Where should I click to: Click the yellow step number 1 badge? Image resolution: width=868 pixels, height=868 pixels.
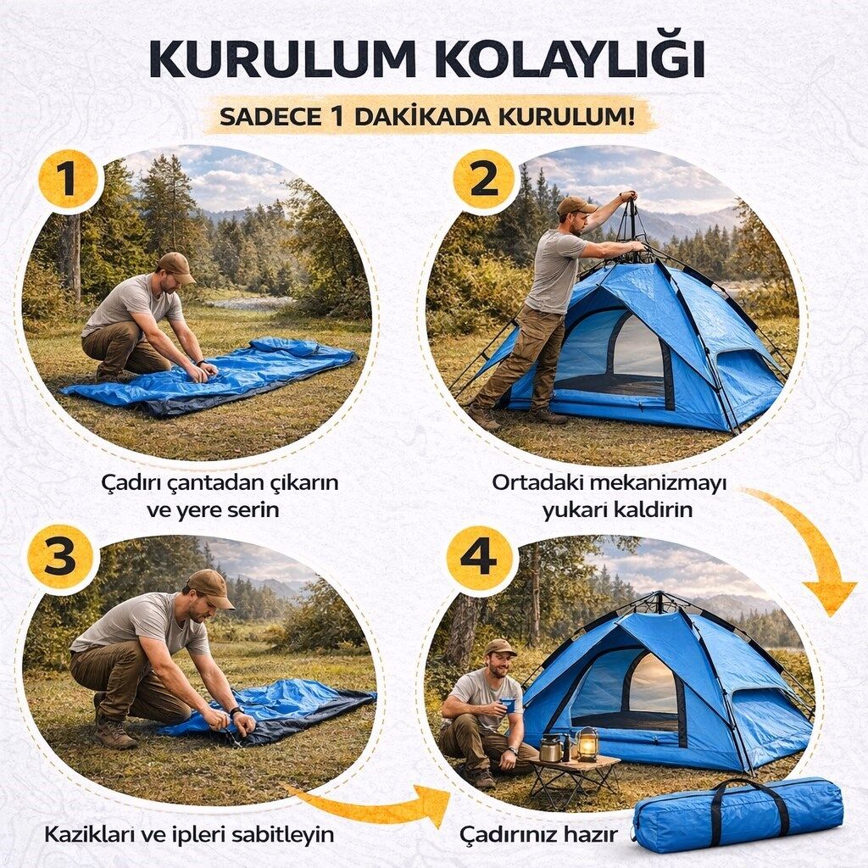coord(68,180)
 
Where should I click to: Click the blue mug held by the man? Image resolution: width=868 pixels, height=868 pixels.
coord(505,707)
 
